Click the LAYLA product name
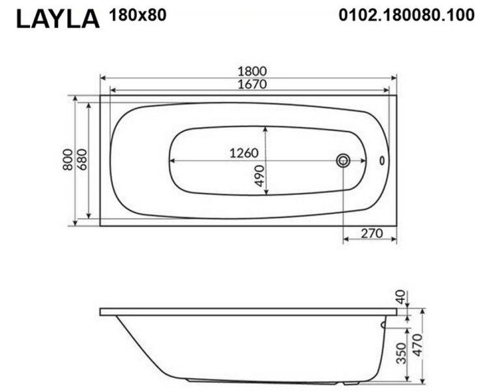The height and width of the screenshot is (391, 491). (58, 19)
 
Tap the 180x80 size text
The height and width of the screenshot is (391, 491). (138, 15)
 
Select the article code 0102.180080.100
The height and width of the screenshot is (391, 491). (406, 15)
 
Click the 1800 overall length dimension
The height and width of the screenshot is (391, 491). (252, 72)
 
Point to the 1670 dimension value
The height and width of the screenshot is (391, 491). (252, 84)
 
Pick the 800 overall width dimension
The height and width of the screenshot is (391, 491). (68, 160)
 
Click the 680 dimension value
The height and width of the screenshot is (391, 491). (82, 160)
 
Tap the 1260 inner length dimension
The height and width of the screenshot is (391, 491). (244, 153)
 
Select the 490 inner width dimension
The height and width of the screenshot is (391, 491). (260, 176)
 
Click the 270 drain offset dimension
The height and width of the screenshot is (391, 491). (372, 233)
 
